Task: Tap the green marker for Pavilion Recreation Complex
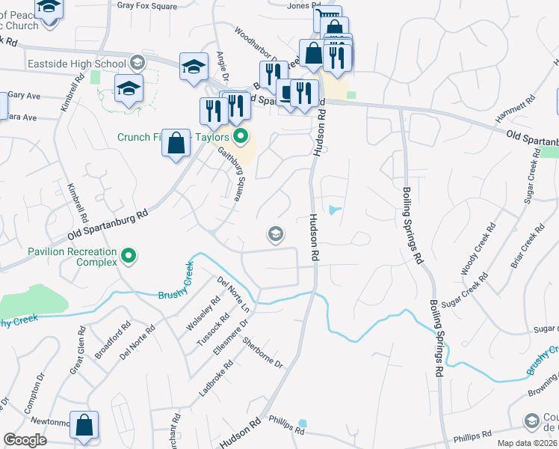pos(129,257)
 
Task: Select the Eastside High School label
pos(76,64)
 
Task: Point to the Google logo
pos(25,440)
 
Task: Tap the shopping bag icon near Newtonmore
pos(84,424)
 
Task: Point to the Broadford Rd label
pos(113,341)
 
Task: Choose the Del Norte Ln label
pos(233,294)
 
